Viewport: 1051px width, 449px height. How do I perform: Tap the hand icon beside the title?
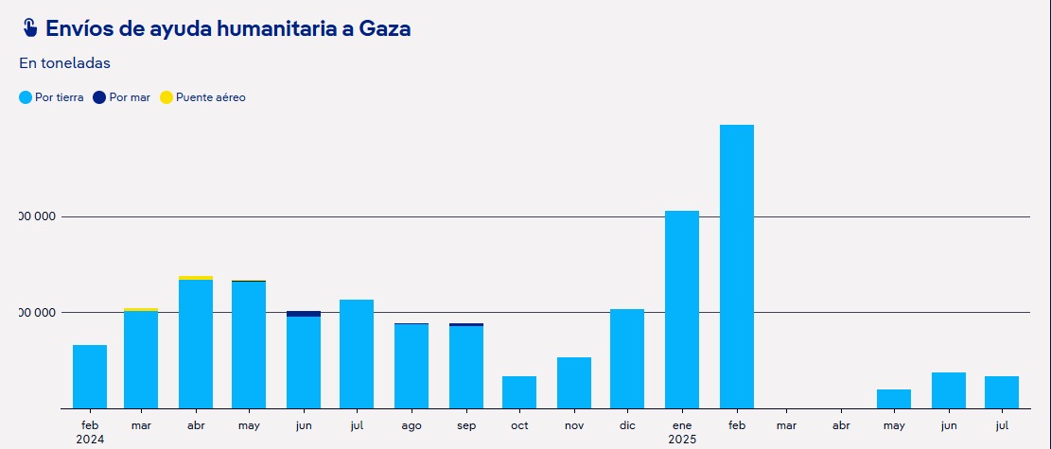tap(29, 28)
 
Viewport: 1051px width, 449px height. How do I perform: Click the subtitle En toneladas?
tap(64, 63)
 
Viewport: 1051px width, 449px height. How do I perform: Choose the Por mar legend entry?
tap(122, 97)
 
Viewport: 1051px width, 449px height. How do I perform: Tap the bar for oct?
tap(519, 392)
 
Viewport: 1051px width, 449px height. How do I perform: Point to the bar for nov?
tap(574, 383)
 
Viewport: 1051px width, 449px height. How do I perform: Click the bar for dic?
tap(627, 359)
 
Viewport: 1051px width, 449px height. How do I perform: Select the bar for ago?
tap(412, 367)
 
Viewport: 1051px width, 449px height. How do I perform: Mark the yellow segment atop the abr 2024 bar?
tap(196, 278)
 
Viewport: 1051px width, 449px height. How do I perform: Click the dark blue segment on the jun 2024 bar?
tap(304, 314)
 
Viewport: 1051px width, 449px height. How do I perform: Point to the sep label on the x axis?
tap(466, 426)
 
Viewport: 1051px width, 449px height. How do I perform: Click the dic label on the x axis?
tap(627, 426)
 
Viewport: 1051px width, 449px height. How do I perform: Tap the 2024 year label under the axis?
tap(90, 440)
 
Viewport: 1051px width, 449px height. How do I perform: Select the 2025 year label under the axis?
tap(682, 440)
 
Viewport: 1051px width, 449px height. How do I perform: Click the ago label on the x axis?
tap(412, 426)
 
